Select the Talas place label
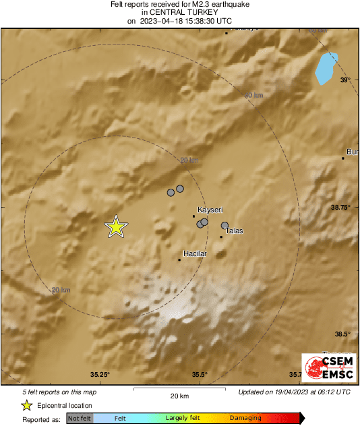point(234,231)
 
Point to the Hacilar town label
point(195,253)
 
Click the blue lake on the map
point(326,69)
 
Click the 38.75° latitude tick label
point(344,208)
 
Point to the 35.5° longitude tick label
point(199,375)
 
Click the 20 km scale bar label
point(179,396)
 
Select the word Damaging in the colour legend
point(245,419)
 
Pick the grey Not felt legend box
point(80,419)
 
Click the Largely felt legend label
point(181,419)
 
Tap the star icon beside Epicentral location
point(26,406)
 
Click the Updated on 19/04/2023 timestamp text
point(294,392)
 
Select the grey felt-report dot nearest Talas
point(225,226)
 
